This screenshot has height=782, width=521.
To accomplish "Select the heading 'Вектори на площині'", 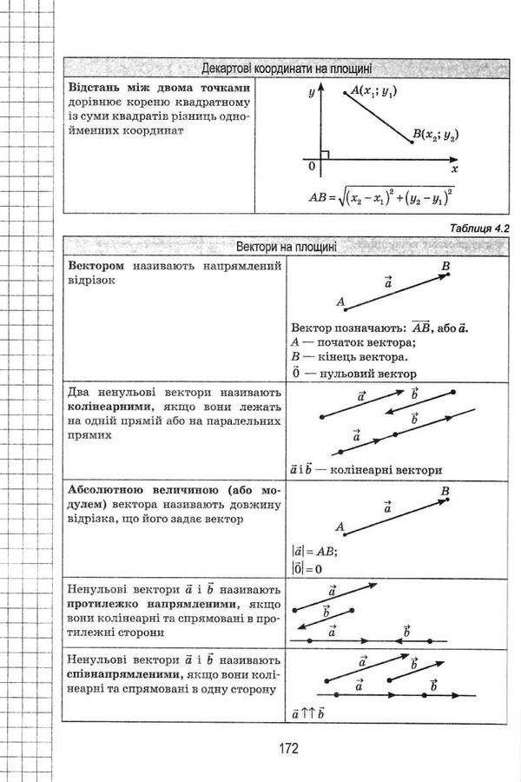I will (287, 247).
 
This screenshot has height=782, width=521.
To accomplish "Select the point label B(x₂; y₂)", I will (435, 135).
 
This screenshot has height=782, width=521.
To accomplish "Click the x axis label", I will (454, 169).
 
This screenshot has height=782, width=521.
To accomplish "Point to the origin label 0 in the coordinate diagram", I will (310, 165).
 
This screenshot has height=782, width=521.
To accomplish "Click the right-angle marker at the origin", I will (324, 156).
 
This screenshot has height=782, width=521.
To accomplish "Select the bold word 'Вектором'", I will (96, 265).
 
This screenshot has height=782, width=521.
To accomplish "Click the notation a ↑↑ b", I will (308, 713).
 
